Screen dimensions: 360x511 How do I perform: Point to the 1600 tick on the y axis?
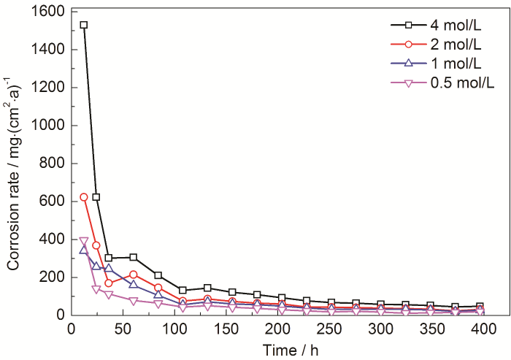coord(46,12)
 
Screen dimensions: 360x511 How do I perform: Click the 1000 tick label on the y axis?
coord(46,126)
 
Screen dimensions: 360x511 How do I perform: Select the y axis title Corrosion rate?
coord(15,163)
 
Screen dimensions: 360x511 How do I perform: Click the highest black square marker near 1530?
coord(84,25)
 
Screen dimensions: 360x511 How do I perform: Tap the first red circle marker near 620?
coord(84,197)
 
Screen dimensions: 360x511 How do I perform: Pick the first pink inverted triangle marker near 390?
coord(84,241)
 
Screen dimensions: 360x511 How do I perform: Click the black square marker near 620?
coord(96,197)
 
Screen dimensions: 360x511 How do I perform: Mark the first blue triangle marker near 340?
coord(84,250)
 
